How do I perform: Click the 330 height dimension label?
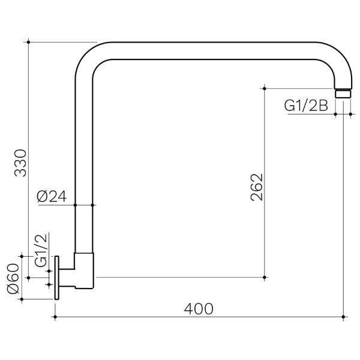pyautogui.click(x=20, y=161)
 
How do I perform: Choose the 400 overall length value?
pyautogui.click(x=199, y=308)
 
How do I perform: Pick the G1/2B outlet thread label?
pyautogui.click(x=305, y=106)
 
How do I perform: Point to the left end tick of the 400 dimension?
pyautogui.click(x=56, y=316)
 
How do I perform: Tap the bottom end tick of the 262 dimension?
pyautogui.click(x=264, y=277)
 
